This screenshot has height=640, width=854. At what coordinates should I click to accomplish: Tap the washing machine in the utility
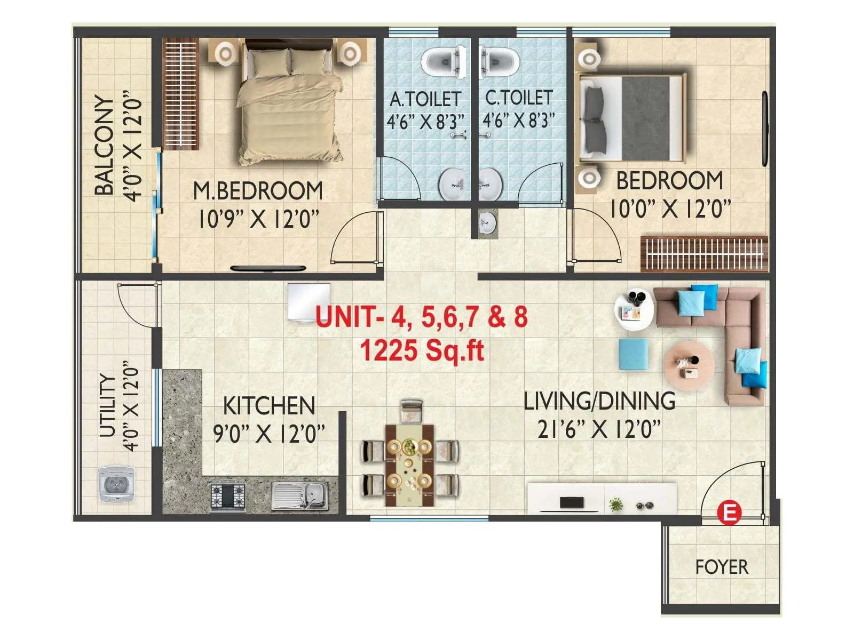coord(116,484)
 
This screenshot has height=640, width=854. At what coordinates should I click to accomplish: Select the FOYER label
coord(721,567)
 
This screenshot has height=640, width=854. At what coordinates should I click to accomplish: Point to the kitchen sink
coord(299,495)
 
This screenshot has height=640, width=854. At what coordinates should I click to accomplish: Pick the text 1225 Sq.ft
coord(422,351)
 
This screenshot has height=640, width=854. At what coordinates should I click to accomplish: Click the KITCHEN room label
coord(268,406)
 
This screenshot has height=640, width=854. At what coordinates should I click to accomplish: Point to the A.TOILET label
coord(425,99)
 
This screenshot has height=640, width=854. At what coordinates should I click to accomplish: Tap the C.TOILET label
coord(518,98)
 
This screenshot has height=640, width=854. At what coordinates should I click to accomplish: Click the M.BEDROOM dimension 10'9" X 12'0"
coord(258,219)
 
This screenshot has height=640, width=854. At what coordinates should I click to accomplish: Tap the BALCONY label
coord(105,145)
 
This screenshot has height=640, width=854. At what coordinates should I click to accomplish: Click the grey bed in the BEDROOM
coord(632,118)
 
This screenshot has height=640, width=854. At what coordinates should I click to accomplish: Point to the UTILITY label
coord(108,406)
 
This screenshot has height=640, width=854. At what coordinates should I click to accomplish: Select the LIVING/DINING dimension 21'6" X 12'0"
coord(599,429)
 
